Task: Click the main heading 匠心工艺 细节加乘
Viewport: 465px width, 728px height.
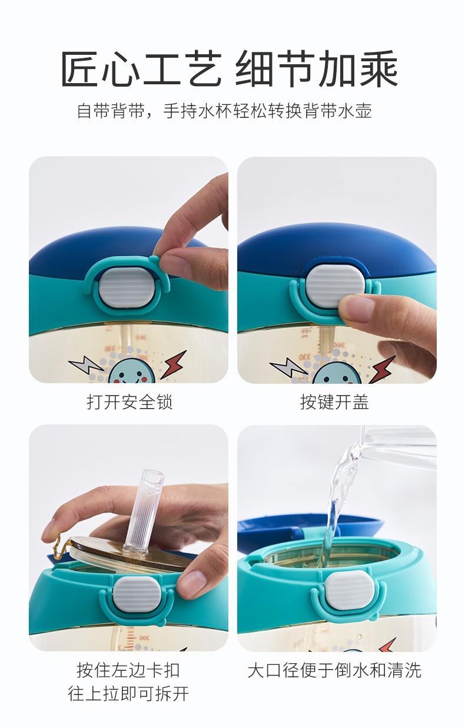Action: click(229, 69)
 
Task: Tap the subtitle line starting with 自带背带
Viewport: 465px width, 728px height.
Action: click(224, 111)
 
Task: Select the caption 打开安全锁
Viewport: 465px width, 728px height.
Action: click(129, 402)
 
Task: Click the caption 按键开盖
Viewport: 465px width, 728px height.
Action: click(334, 402)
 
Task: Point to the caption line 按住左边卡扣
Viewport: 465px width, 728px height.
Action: click(128, 670)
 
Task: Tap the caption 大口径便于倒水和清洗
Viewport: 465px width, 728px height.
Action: click(334, 670)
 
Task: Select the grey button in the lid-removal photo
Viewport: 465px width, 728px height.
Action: click(137, 595)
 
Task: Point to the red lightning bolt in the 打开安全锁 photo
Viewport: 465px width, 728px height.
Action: click(174, 364)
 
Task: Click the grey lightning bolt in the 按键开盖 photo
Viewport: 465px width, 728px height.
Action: click(289, 367)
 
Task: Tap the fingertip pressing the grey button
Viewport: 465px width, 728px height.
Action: click(356, 308)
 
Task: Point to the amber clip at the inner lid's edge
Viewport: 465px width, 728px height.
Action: click(60, 546)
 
